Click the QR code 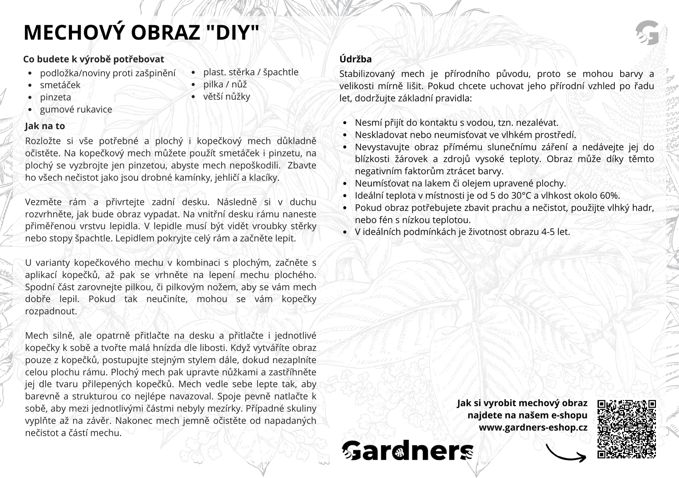pos(626,429)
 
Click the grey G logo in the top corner pos(647,33)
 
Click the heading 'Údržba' pos(355,59)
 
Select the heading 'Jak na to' pos(45,126)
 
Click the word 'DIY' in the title pos(233,33)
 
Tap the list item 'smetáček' pos(60,85)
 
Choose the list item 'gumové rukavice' pos(76,110)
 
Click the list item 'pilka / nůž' pos(225,84)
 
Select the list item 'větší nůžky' pos(226,97)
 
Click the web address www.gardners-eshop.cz pos(533,427)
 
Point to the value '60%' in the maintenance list pos(610,196)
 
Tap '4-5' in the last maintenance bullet pos(548,232)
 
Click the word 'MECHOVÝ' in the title pos(75,33)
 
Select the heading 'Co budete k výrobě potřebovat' pos(93,59)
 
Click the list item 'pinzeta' pos(55,97)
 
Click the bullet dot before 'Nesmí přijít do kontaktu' pos(345,123)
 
